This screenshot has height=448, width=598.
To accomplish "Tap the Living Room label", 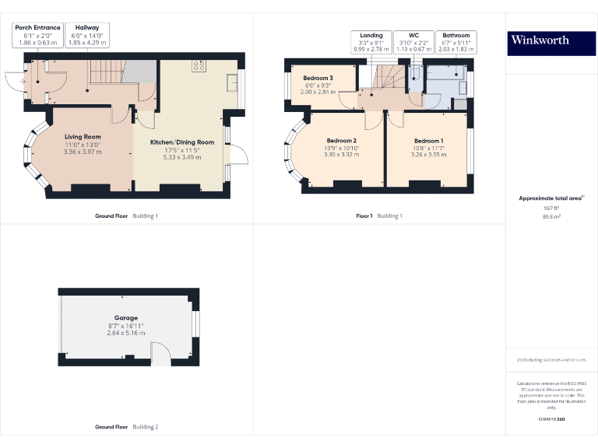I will (x=83, y=137).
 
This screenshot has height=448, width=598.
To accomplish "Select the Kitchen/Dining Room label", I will (x=182, y=142).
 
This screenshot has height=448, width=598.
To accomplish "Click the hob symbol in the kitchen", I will (x=199, y=66).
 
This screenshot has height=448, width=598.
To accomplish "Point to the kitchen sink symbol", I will (x=232, y=82).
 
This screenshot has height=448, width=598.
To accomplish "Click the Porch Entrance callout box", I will (x=37, y=35).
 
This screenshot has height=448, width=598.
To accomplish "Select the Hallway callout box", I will (x=87, y=35).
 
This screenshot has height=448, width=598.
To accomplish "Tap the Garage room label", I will (x=126, y=318).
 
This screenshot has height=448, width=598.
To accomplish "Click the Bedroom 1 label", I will (x=428, y=141).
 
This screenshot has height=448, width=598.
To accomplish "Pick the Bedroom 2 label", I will (x=342, y=141).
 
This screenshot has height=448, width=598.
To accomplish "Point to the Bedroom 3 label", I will (x=318, y=79).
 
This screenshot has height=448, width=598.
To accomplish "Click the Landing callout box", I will (x=371, y=42).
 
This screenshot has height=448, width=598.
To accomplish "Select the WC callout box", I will (x=413, y=42).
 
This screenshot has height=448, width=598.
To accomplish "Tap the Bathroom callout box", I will (x=456, y=42).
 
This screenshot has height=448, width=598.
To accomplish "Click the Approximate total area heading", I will (x=551, y=198).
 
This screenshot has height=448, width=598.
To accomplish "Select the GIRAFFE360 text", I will (x=551, y=419).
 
